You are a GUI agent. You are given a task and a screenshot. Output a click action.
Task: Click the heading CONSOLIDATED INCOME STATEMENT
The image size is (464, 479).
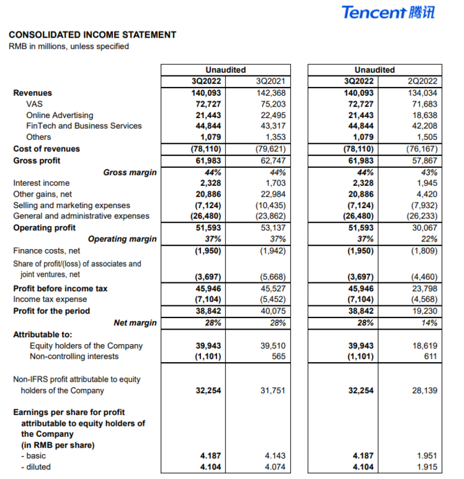tap(93, 35)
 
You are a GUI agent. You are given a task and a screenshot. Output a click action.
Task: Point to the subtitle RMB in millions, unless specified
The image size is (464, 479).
tap(68, 46)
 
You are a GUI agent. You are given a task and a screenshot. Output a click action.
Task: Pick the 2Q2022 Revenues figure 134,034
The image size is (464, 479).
tap(422, 93)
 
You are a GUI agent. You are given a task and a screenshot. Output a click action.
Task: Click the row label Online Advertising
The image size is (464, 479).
tap(59, 115)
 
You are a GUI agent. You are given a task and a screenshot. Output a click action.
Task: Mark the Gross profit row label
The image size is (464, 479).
tap(38, 160)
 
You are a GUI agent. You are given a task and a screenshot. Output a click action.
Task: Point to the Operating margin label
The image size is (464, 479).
tap(122, 239)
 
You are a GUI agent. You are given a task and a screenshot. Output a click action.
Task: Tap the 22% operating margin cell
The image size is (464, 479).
tap(428, 239)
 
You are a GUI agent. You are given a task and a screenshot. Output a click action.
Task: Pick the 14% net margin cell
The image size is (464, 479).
tap(428, 323)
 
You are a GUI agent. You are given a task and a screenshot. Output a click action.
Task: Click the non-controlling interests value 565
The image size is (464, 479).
tap(278, 356)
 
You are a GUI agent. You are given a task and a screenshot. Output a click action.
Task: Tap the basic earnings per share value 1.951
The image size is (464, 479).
tap(426, 455)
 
